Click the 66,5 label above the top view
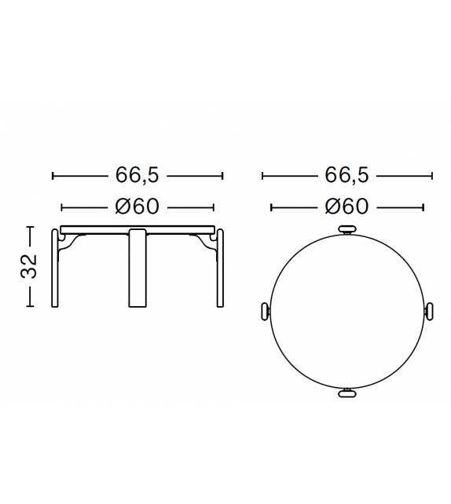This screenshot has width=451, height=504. pyautogui.click(x=346, y=176)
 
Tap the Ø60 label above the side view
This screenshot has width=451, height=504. pyautogui.click(x=137, y=207)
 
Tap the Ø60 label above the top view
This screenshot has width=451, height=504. pyautogui.click(x=346, y=207)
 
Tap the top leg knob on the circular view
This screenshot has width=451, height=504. pyautogui.click(x=346, y=229)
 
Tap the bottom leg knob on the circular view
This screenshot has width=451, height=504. pyautogui.click(x=346, y=393)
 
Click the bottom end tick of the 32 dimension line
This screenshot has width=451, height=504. pyautogui.click(x=30, y=306)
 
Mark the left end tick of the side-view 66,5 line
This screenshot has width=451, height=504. pyautogui.click(x=52, y=176)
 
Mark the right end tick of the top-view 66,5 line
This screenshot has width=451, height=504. pyautogui.click(x=432, y=176)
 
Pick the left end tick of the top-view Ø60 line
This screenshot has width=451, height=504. pyautogui.click(x=271, y=207)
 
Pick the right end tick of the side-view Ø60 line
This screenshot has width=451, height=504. pyautogui.click(x=214, y=207)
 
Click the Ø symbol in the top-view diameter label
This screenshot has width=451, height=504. pyautogui.click(x=332, y=207)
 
